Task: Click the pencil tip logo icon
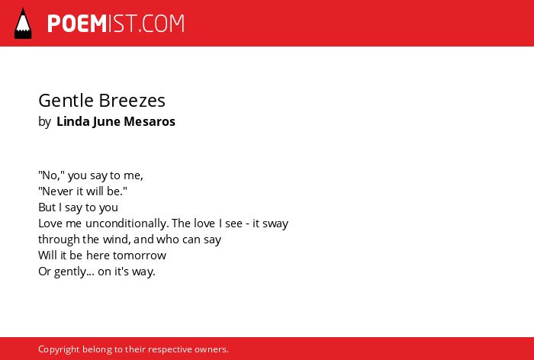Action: click(23, 23)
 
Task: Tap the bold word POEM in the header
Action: click(77, 24)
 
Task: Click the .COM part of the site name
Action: click(162, 24)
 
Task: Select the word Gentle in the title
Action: click(66, 101)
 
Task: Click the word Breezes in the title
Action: click(132, 101)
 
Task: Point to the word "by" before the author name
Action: click(44, 122)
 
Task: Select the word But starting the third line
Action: click(47, 207)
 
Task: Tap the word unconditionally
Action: click(127, 223)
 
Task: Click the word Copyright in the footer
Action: click(59, 349)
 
